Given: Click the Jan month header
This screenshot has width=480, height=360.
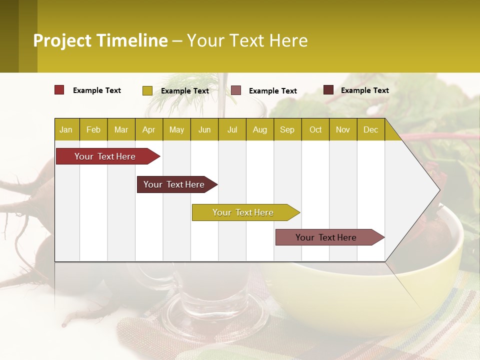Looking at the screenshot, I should tap(66, 129).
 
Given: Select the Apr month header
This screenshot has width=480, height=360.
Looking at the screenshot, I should tap(148, 129).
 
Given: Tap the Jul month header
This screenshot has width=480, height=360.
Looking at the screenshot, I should tap(232, 129).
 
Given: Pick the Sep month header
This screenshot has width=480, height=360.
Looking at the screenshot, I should tap(287, 129).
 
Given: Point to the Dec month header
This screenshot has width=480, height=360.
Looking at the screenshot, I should tap(370, 129).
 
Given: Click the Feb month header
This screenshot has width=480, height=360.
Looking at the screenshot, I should tap(93, 129).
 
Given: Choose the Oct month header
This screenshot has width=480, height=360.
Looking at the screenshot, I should tap(315, 129).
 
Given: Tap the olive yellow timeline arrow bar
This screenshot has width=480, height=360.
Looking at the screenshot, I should tap(243, 212).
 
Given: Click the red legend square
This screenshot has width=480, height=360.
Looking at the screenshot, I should tap(59, 90).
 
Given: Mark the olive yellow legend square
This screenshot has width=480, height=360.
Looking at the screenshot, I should tap(147, 90).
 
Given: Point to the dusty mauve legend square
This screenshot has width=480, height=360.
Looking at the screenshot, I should tap(236, 90).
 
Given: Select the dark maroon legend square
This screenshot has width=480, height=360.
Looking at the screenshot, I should tap(328, 90).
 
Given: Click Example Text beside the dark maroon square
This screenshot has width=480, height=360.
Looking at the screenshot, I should tap(364, 90).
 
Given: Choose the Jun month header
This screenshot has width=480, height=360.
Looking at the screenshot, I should tap(204, 129).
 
